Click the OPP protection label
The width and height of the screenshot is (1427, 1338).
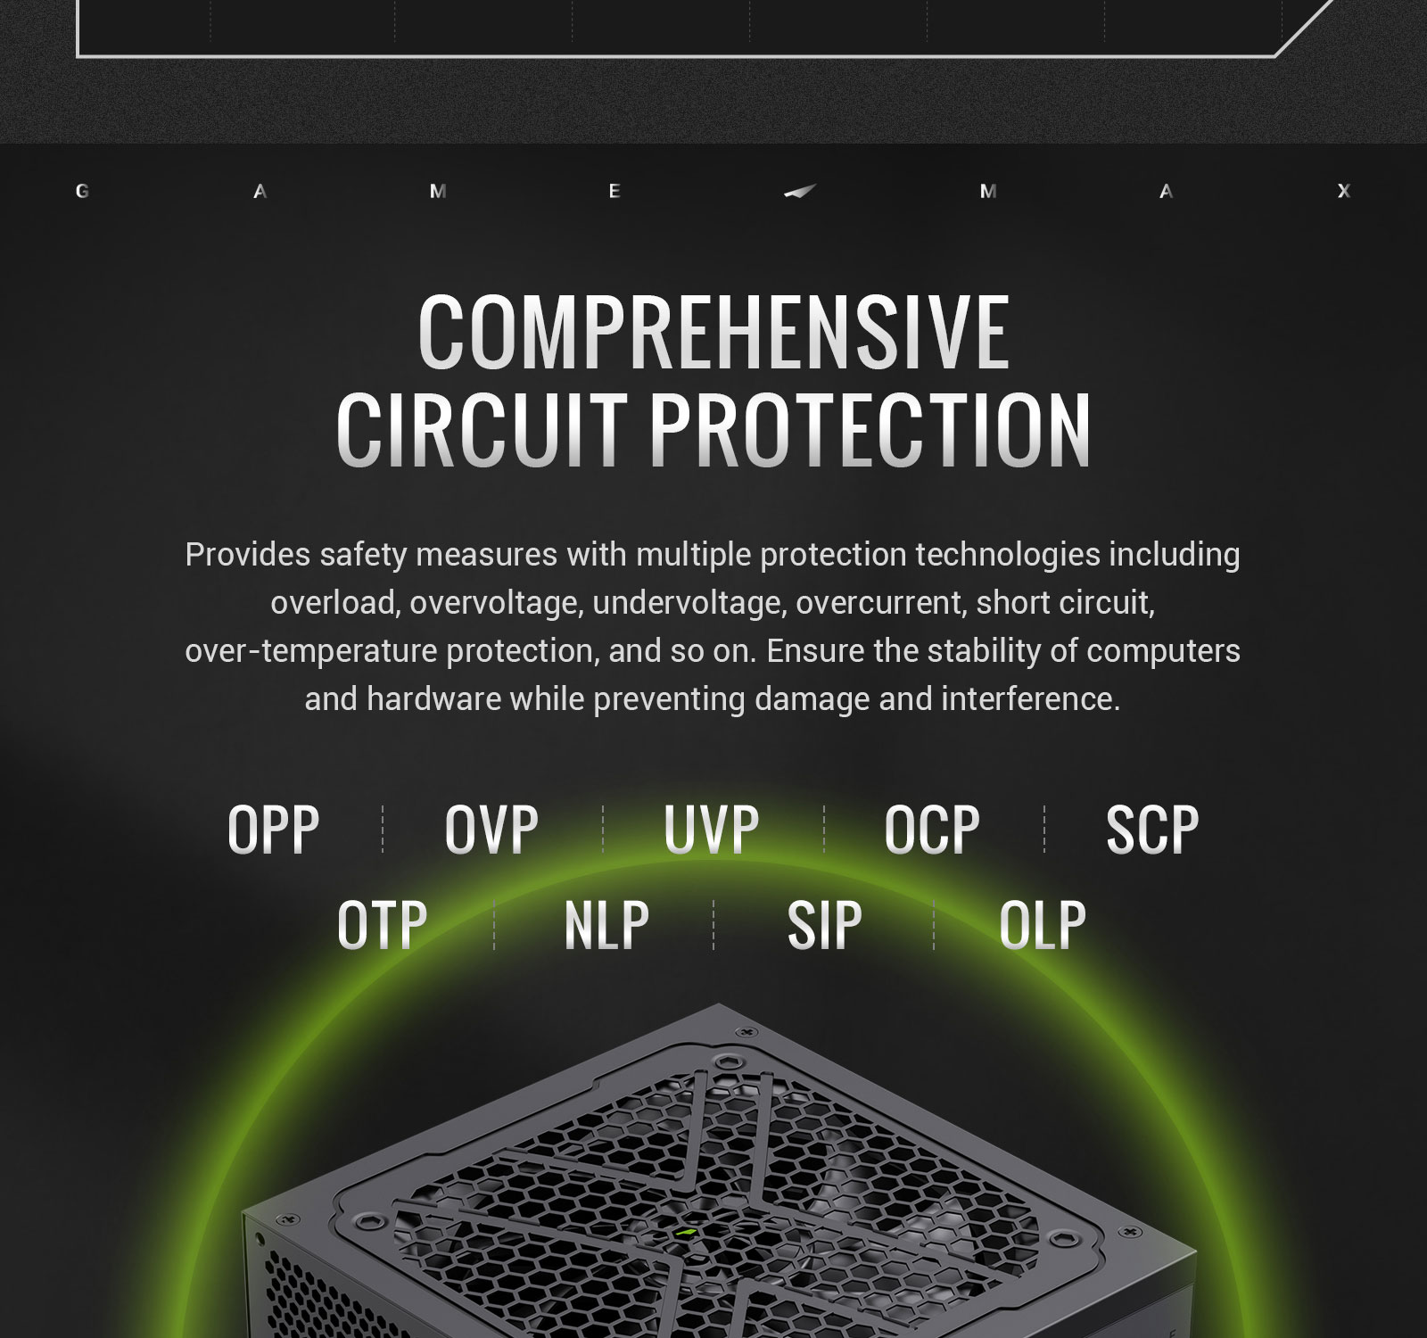point(274,829)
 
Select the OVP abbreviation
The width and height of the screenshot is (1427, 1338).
point(491,829)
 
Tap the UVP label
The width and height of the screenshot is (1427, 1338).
point(712,829)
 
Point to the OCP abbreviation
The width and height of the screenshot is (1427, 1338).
point(932,829)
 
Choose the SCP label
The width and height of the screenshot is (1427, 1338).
point(1152,829)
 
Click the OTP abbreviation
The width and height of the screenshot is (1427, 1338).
point(383,925)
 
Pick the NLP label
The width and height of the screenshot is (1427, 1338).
point(606,925)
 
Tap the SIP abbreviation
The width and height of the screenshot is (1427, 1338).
point(825,925)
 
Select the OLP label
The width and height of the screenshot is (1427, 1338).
point(1043,925)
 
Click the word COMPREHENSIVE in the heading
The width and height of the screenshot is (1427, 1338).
point(713,332)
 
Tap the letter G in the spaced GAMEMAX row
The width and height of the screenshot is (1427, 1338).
point(82,191)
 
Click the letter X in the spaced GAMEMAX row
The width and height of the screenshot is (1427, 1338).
point(1344,191)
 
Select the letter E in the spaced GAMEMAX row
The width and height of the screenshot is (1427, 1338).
point(615,191)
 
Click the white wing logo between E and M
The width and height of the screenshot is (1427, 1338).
point(800,191)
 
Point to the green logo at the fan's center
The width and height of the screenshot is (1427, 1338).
point(686,1233)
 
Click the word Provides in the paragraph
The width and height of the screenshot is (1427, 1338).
point(248,555)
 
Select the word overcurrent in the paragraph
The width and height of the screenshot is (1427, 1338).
point(879,603)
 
